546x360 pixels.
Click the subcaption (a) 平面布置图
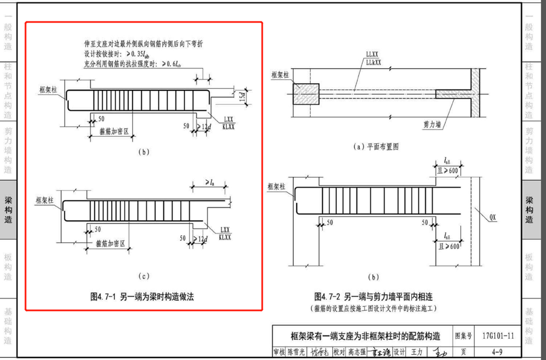(376, 147)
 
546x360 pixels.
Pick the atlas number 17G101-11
(497, 336)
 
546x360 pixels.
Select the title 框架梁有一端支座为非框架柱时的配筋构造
(362, 336)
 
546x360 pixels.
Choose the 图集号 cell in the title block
(464, 336)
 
